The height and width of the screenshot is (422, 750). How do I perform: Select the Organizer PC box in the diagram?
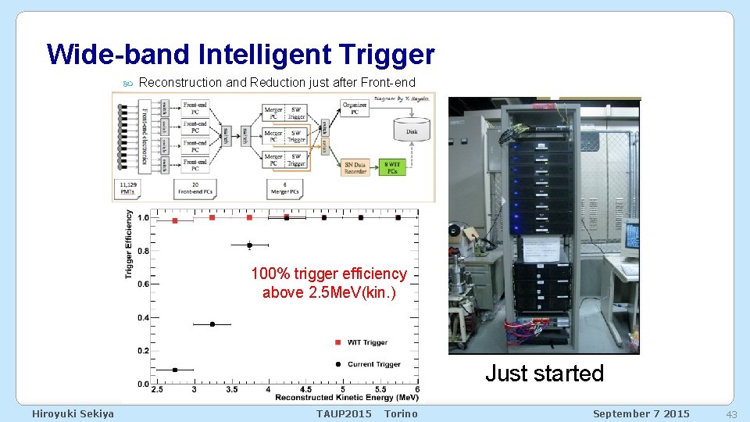tap(355, 108)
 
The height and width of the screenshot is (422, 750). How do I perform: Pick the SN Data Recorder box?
tap(355, 166)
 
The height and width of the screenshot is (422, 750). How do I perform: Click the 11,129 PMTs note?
tap(127, 188)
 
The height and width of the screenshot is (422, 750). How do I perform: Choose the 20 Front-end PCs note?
tap(194, 188)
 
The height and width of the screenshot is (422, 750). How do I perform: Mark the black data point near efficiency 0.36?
tap(212, 324)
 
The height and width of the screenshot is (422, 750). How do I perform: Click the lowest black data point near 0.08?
tap(175, 370)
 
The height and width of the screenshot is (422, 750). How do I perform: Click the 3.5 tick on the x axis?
tap(231, 389)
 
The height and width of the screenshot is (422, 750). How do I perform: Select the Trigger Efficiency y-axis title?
tap(129, 244)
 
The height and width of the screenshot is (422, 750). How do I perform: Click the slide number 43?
tap(732, 413)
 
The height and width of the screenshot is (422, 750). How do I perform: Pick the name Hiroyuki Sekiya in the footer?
tap(73, 413)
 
